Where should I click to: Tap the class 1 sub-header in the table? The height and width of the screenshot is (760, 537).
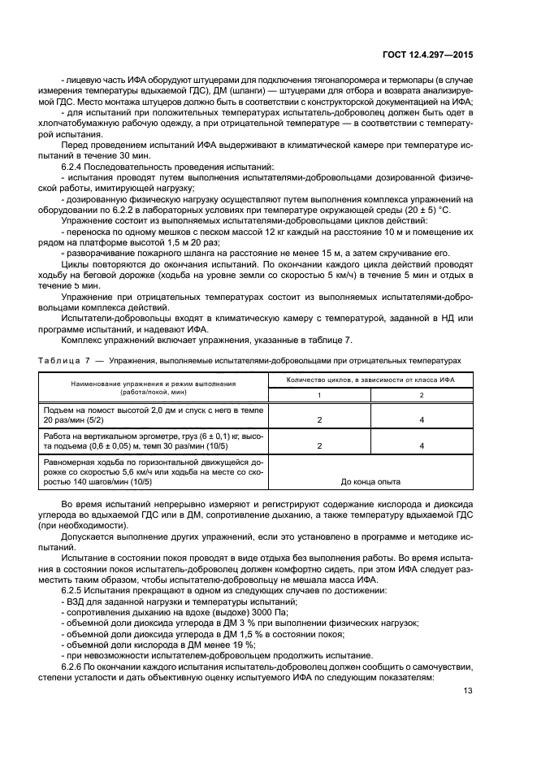click(319, 395)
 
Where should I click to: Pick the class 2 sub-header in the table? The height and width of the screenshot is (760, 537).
click(422, 395)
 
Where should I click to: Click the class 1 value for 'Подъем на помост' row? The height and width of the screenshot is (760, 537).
click(319, 420)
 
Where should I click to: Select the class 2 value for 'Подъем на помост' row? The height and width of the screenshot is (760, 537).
click(422, 420)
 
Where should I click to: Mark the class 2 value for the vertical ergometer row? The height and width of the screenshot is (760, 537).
click(422, 446)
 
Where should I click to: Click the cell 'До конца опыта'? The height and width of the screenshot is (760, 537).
click(370, 481)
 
